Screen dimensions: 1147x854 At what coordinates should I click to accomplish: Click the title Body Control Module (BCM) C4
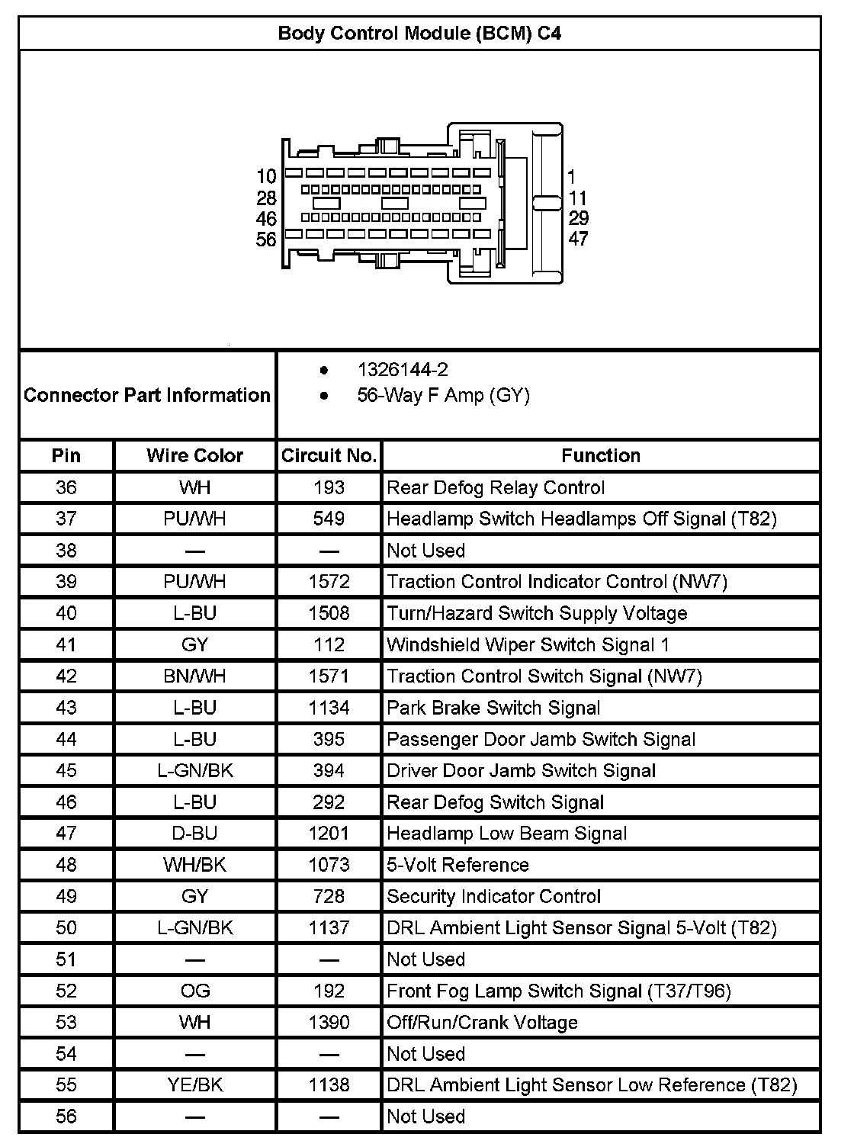point(419,34)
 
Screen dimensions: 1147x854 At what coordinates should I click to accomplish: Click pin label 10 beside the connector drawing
point(266,177)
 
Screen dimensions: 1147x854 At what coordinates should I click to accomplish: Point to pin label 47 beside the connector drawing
point(579,239)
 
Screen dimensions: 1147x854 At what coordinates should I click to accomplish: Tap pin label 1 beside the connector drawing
point(572,177)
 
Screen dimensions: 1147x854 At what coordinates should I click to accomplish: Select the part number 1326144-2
point(403,370)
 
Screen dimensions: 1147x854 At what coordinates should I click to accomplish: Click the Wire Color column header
point(194,455)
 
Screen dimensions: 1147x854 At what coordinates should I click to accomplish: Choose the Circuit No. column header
point(329,455)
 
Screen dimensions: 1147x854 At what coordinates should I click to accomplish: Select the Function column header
point(601,455)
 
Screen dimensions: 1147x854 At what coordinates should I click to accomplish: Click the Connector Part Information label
point(147,395)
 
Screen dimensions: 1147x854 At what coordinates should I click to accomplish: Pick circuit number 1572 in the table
point(329,582)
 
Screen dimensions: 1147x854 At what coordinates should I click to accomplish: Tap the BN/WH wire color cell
point(194,676)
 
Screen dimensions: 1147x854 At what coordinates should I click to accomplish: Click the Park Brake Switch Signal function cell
point(493,708)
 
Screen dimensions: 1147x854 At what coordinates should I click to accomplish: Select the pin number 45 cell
point(66,771)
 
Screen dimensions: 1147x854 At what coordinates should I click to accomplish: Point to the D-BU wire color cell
point(194,834)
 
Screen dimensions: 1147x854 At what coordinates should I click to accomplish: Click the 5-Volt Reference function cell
point(457,865)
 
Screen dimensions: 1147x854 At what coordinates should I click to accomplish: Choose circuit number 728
point(329,897)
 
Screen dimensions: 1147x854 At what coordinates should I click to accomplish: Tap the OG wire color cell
point(194,991)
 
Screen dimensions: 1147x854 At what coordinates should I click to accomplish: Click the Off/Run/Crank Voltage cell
point(482,1023)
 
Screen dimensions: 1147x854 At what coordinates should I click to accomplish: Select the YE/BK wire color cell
point(194,1085)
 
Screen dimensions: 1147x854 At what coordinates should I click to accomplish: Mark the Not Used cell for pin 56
point(425,1116)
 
